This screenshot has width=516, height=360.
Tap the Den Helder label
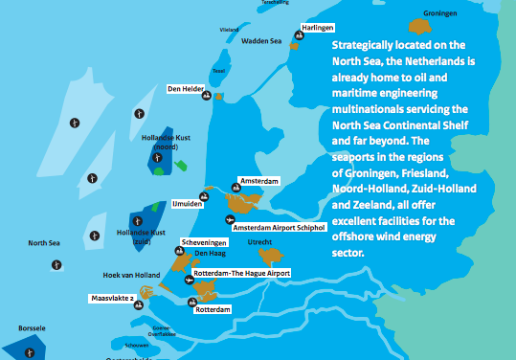point(188,89)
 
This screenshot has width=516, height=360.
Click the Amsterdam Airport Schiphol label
point(280,227)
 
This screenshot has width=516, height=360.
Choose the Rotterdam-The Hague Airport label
point(241,273)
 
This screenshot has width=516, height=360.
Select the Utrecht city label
point(260,243)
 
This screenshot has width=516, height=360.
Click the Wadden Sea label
point(259,41)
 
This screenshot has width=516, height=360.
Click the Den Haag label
point(210,254)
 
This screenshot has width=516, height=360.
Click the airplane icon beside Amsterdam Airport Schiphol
point(228,219)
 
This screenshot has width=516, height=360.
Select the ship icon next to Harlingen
point(297,37)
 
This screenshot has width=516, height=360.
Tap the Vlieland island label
point(229,30)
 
